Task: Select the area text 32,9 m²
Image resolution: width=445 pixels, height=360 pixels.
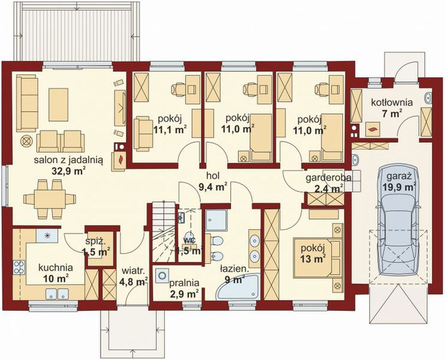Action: pos(72,170)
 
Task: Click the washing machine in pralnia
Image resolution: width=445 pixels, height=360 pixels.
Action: pos(162,276)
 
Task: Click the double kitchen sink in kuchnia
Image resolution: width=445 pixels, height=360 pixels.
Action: pos(58,294)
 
